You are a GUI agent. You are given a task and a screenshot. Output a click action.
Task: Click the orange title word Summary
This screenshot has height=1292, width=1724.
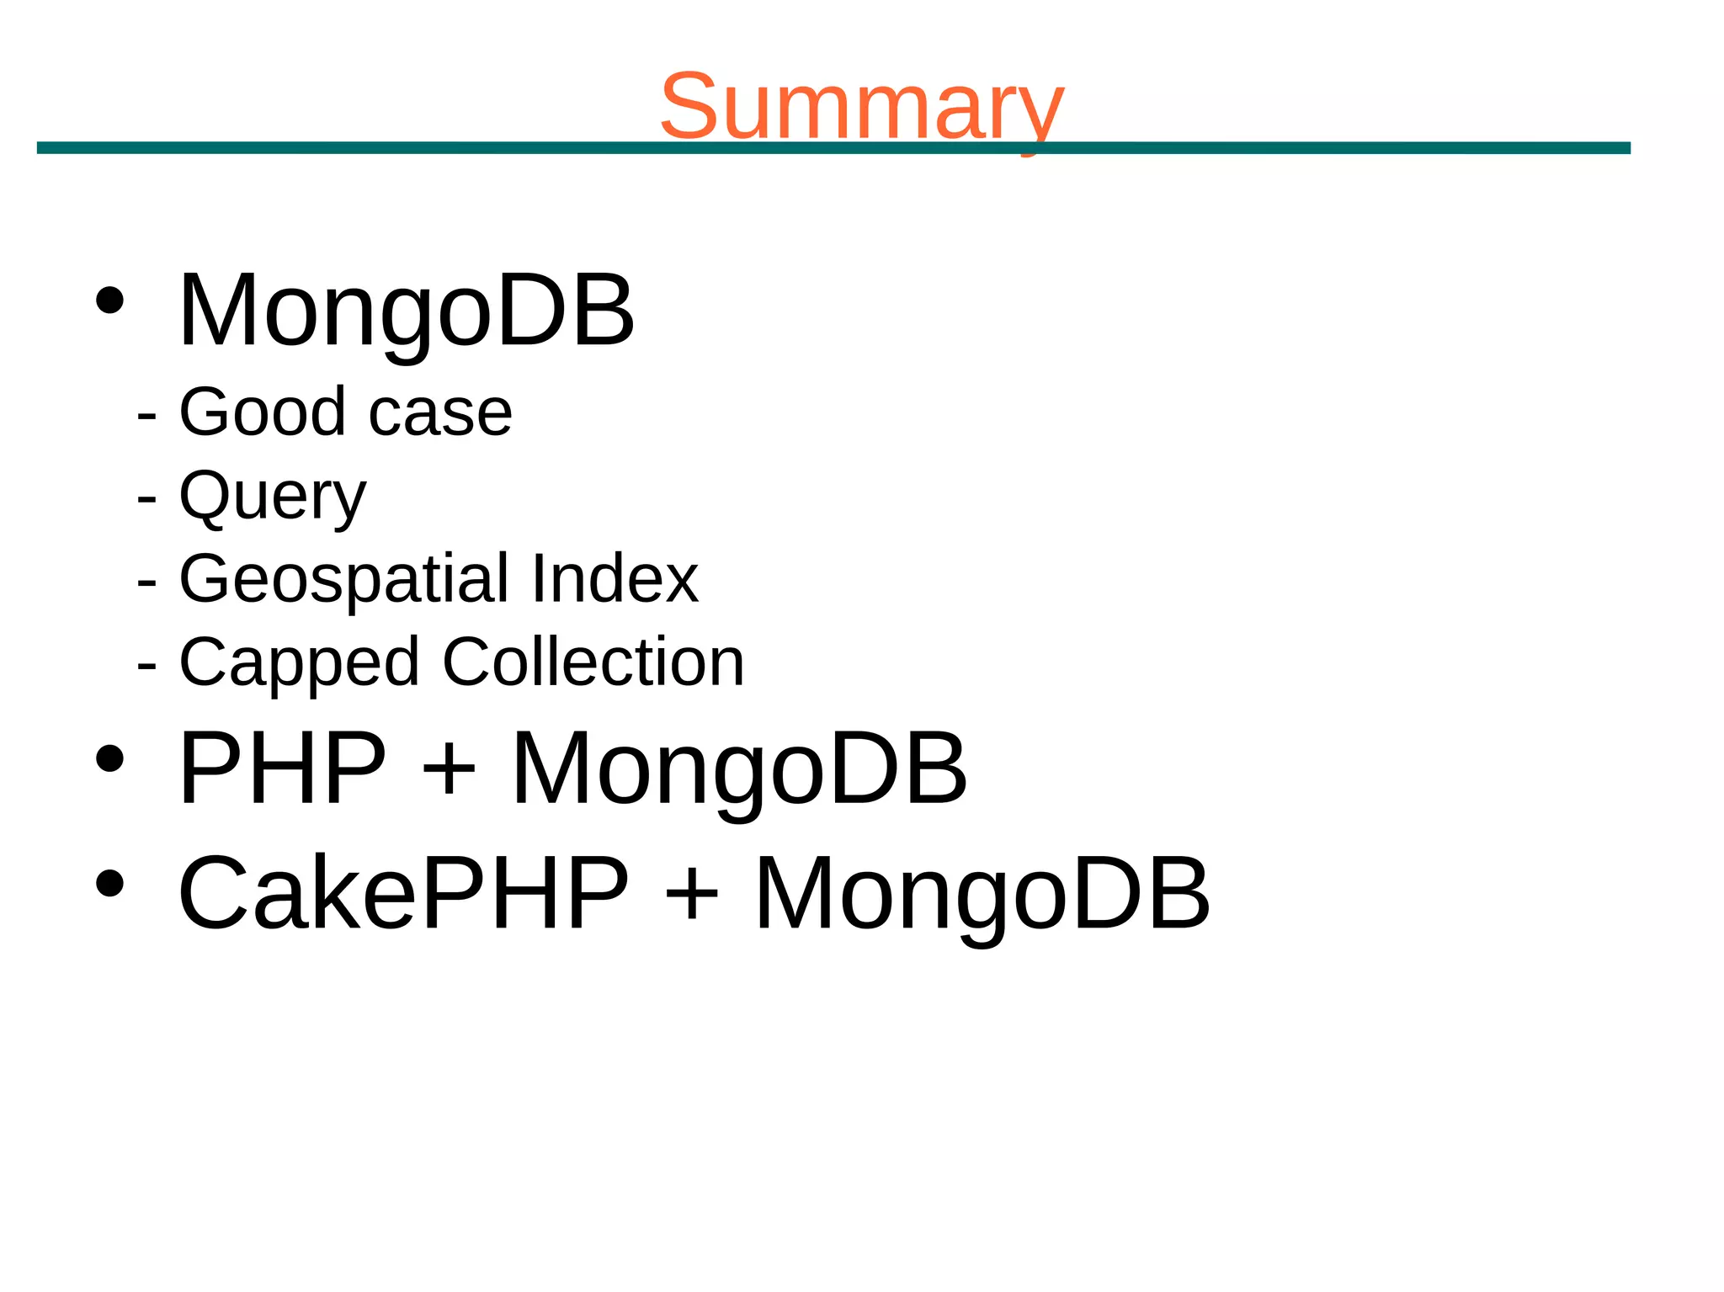click(861, 107)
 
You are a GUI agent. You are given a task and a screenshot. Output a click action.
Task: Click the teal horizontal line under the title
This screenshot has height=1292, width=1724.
click(421, 148)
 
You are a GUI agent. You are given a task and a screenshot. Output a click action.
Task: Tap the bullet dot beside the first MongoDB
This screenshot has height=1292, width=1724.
click(110, 300)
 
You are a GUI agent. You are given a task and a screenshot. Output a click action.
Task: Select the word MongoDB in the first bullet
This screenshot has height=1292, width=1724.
click(407, 311)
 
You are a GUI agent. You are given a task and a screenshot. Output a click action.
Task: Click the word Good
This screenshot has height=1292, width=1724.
click(263, 412)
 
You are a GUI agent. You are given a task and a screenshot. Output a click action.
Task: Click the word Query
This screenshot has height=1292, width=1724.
click(273, 497)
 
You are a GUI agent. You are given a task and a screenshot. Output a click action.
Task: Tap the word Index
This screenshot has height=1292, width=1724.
click(615, 578)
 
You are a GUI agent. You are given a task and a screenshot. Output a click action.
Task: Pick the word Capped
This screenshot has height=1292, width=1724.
click(299, 663)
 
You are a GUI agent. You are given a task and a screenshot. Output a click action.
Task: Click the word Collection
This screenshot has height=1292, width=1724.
click(593, 662)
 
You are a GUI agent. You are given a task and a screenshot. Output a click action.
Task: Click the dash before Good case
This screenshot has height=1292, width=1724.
click(146, 415)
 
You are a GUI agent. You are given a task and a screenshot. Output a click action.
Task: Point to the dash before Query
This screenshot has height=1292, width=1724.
click(146, 498)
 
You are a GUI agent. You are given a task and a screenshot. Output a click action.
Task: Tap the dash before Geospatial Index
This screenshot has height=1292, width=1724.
click(146, 582)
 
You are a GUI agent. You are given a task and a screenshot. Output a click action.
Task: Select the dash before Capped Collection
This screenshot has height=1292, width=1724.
click(146, 665)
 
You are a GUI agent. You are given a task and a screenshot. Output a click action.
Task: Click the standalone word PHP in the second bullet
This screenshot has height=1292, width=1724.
click(282, 768)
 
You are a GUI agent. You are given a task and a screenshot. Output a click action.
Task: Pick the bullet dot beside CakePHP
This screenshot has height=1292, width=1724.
click(110, 883)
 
